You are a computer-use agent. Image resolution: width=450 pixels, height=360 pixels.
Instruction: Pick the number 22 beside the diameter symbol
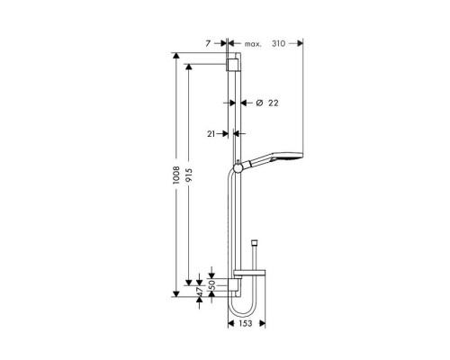coord(274,103)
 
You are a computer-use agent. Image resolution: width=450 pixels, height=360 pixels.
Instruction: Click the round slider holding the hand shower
coord(238,165)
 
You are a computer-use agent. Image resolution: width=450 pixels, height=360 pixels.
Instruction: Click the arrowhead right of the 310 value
coord(300,42)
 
